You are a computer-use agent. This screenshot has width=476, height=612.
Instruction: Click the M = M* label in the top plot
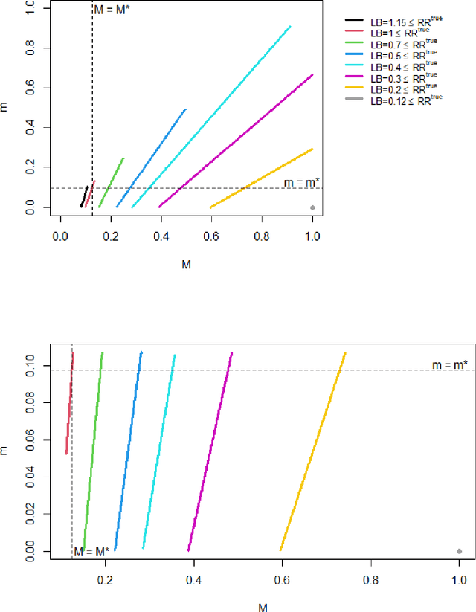112,10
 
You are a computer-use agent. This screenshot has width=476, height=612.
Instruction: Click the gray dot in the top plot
312,207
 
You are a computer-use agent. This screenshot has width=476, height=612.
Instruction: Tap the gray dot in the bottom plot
460,551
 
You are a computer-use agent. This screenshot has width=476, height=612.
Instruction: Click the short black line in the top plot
84,197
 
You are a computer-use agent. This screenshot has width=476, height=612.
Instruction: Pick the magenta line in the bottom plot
324,451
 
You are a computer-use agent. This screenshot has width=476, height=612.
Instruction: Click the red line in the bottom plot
70,402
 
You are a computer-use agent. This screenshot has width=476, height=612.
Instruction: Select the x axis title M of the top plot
186,263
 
